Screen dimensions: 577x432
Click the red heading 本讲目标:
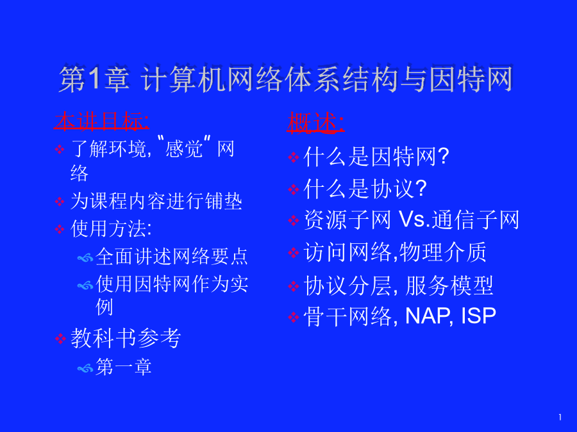[101, 121]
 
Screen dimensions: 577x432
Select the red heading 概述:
[315, 122]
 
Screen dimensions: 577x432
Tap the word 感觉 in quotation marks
[184, 148]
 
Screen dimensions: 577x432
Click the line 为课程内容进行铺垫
[156, 202]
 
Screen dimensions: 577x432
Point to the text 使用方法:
[111, 228]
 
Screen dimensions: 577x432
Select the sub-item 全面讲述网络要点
[172, 256]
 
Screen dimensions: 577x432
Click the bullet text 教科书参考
[126, 338]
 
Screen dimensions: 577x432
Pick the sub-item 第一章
[124, 367]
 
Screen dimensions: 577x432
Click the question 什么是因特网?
[376, 157]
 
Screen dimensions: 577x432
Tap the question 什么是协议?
[365, 189]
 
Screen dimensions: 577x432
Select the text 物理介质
[443, 252]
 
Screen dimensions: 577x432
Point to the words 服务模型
[449, 285]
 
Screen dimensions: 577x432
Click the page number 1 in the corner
[560, 417]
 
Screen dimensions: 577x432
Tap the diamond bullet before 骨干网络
[293, 317]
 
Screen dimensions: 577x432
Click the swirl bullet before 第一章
[85, 368]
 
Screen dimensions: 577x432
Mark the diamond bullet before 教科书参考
[60, 339]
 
